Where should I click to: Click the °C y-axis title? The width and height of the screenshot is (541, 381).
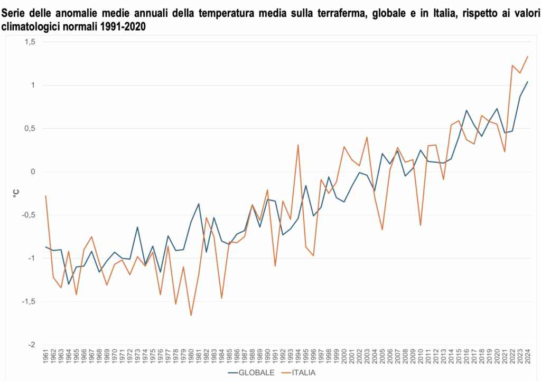15,193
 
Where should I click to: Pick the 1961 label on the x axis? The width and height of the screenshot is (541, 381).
46,357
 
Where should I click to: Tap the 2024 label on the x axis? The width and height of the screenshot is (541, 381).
527,357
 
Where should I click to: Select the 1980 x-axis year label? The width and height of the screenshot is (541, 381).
191,357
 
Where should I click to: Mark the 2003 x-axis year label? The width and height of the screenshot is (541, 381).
367,357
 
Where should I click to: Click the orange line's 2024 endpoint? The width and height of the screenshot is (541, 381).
527,56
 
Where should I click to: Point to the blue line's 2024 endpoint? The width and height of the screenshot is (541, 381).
527,82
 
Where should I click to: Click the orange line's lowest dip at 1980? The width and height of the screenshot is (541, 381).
191,315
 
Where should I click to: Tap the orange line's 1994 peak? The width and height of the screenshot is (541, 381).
298,145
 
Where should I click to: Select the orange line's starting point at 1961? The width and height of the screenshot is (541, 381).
46,196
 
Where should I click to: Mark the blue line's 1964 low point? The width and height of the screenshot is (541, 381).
69,284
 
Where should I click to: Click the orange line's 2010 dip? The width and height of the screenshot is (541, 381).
421,225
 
